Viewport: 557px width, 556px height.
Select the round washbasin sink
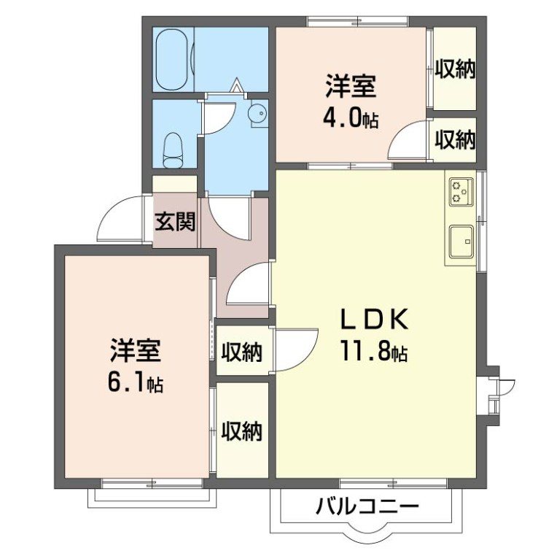(258, 113)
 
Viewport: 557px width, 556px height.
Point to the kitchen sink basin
(461, 241)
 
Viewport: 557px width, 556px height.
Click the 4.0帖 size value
(351, 118)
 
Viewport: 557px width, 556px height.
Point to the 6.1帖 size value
(136, 382)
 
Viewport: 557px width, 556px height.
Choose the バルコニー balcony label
(367, 506)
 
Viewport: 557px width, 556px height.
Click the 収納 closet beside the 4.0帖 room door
(455, 139)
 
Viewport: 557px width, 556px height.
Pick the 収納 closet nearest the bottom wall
(242, 431)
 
